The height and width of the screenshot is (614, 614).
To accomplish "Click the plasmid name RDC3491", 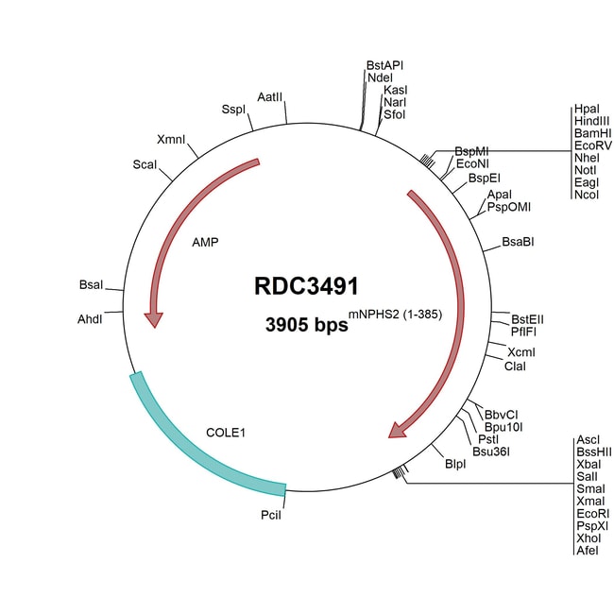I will [306, 286].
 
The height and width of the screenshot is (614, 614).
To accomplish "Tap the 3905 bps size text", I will [306, 324].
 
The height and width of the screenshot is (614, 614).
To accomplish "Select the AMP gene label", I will [205, 243].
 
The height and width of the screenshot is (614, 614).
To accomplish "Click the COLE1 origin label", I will [226, 433].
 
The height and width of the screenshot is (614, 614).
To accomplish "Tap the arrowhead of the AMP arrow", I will [152, 319].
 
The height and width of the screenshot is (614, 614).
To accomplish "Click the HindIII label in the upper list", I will [591, 122].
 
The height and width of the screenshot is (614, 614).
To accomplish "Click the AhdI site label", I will [90, 319].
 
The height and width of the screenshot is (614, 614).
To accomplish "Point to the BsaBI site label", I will [519, 242].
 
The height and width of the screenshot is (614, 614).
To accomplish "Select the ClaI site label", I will [515, 366].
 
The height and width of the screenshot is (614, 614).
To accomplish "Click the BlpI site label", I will [455, 464].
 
